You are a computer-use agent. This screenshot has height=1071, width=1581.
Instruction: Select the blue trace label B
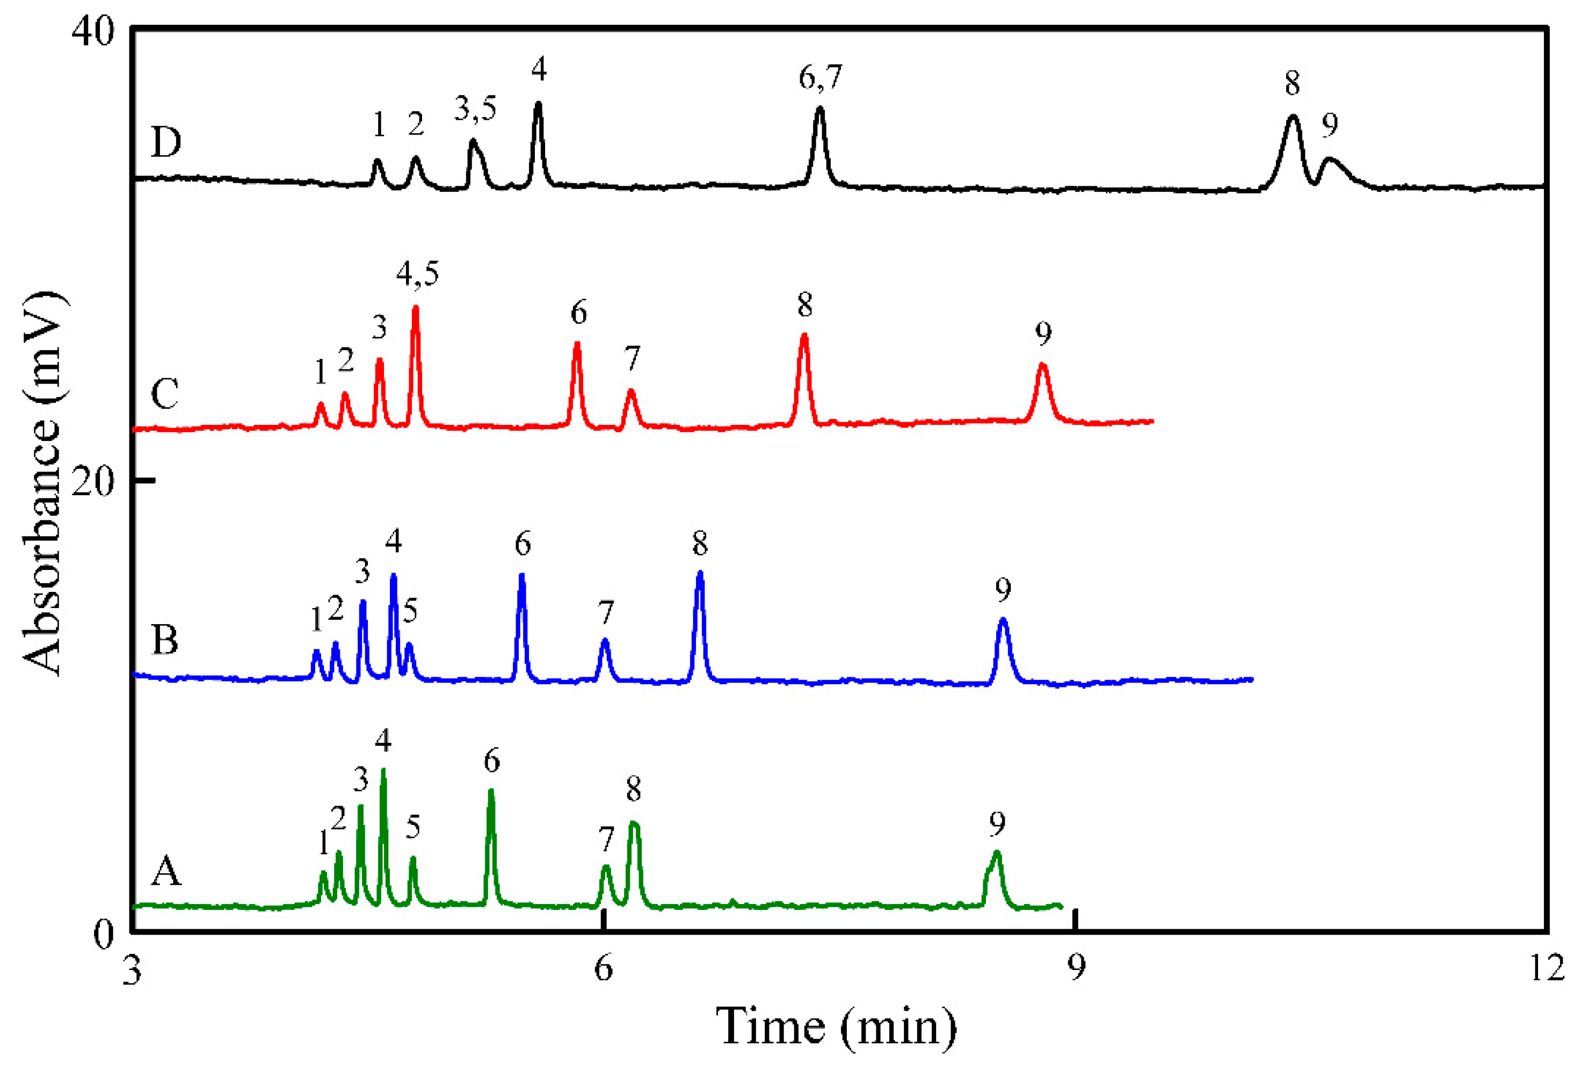[x=165, y=640]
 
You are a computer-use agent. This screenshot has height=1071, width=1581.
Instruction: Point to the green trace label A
[x=166, y=872]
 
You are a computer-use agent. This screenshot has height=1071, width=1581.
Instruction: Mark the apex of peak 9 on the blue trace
[x=1003, y=619]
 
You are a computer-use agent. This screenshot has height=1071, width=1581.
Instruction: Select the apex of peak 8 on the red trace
[x=804, y=335]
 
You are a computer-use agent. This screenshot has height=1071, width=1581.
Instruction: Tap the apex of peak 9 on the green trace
[x=997, y=852]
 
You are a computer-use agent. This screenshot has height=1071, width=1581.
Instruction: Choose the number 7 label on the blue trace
[x=606, y=612]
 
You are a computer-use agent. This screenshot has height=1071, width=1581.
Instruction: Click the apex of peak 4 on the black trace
[x=538, y=104]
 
